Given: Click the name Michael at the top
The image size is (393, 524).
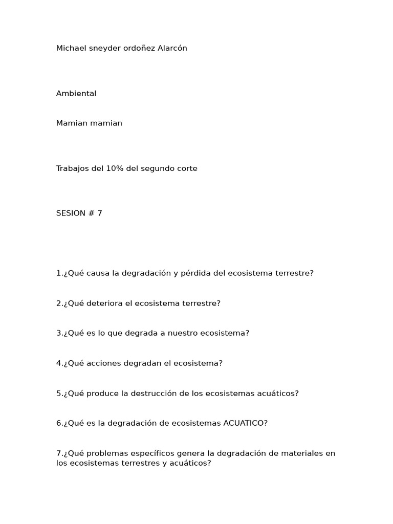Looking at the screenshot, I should tap(71, 48).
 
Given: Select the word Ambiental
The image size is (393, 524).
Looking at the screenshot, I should tap(76, 93).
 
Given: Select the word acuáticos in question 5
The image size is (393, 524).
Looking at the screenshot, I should tap(277, 394).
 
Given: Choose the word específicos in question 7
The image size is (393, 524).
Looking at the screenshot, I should tap(151, 453).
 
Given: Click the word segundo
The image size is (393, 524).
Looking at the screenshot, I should tap(156, 168).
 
